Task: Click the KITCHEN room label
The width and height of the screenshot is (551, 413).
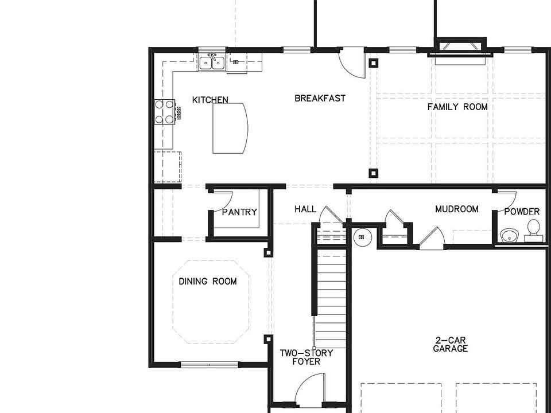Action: click(210, 100)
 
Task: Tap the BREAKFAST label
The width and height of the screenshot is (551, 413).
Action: click(320, 98)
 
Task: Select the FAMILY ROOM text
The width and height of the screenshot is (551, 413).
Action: click(457, 107)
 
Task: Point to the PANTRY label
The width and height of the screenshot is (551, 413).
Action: click(239, 212)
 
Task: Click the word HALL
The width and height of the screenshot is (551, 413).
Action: click(305, 209)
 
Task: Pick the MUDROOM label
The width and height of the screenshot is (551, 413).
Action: click(456, 209)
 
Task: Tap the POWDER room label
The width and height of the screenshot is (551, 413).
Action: click(522, 212)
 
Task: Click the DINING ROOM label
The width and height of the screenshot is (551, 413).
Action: click(208, 281)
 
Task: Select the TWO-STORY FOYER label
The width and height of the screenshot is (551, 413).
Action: click(306, 357)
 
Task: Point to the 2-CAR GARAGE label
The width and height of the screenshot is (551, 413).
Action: click(451, 344)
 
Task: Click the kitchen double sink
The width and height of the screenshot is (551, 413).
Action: click(211, 62)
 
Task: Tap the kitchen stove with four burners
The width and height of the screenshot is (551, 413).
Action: click(165, 112)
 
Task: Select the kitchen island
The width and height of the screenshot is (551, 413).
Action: click(230, 128)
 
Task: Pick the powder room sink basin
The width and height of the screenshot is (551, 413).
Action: click(509, 235)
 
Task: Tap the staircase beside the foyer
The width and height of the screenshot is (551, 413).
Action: click(331, 298)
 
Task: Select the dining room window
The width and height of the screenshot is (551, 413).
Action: click(209, 364)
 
